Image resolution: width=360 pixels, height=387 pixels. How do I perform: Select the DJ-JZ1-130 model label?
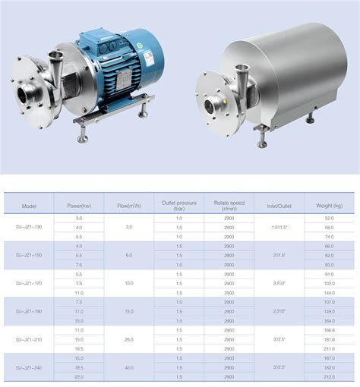pos(29,228)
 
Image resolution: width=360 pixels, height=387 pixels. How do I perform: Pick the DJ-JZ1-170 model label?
pos(29,282)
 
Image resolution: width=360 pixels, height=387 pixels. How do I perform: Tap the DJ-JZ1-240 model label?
pos(29,367)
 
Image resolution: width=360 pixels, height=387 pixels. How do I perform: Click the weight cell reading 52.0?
pos(329,219)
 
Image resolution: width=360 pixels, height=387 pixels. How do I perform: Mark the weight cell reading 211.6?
pos(329,348)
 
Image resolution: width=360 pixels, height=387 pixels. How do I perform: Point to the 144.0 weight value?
pos(329,292)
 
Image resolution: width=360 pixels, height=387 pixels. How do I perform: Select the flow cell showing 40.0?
pos(129,367)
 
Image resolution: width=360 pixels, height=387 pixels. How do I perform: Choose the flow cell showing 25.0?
pos(129,339)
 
